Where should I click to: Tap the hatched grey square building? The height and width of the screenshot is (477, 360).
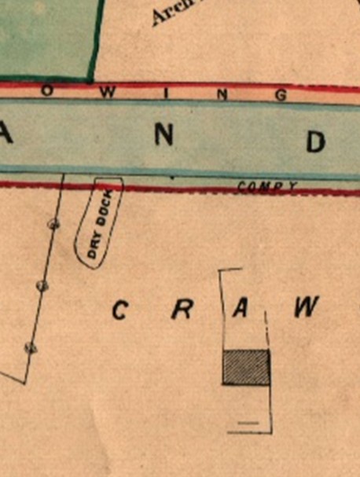246,367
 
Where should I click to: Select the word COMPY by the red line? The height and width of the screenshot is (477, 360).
266,187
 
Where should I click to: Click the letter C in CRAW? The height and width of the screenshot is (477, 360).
119,310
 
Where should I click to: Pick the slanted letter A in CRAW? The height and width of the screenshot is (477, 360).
241,309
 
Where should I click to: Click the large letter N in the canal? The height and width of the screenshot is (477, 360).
163,136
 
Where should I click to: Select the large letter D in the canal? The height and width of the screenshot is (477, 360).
315,142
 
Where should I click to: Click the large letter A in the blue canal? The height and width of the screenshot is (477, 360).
7,134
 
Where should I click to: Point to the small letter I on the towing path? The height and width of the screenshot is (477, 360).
166,94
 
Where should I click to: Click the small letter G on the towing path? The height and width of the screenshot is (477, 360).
281,96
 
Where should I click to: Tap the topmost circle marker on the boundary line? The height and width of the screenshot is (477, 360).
53,224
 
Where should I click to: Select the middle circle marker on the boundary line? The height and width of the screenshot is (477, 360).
42,285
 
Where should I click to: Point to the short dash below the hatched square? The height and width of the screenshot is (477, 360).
248,423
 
